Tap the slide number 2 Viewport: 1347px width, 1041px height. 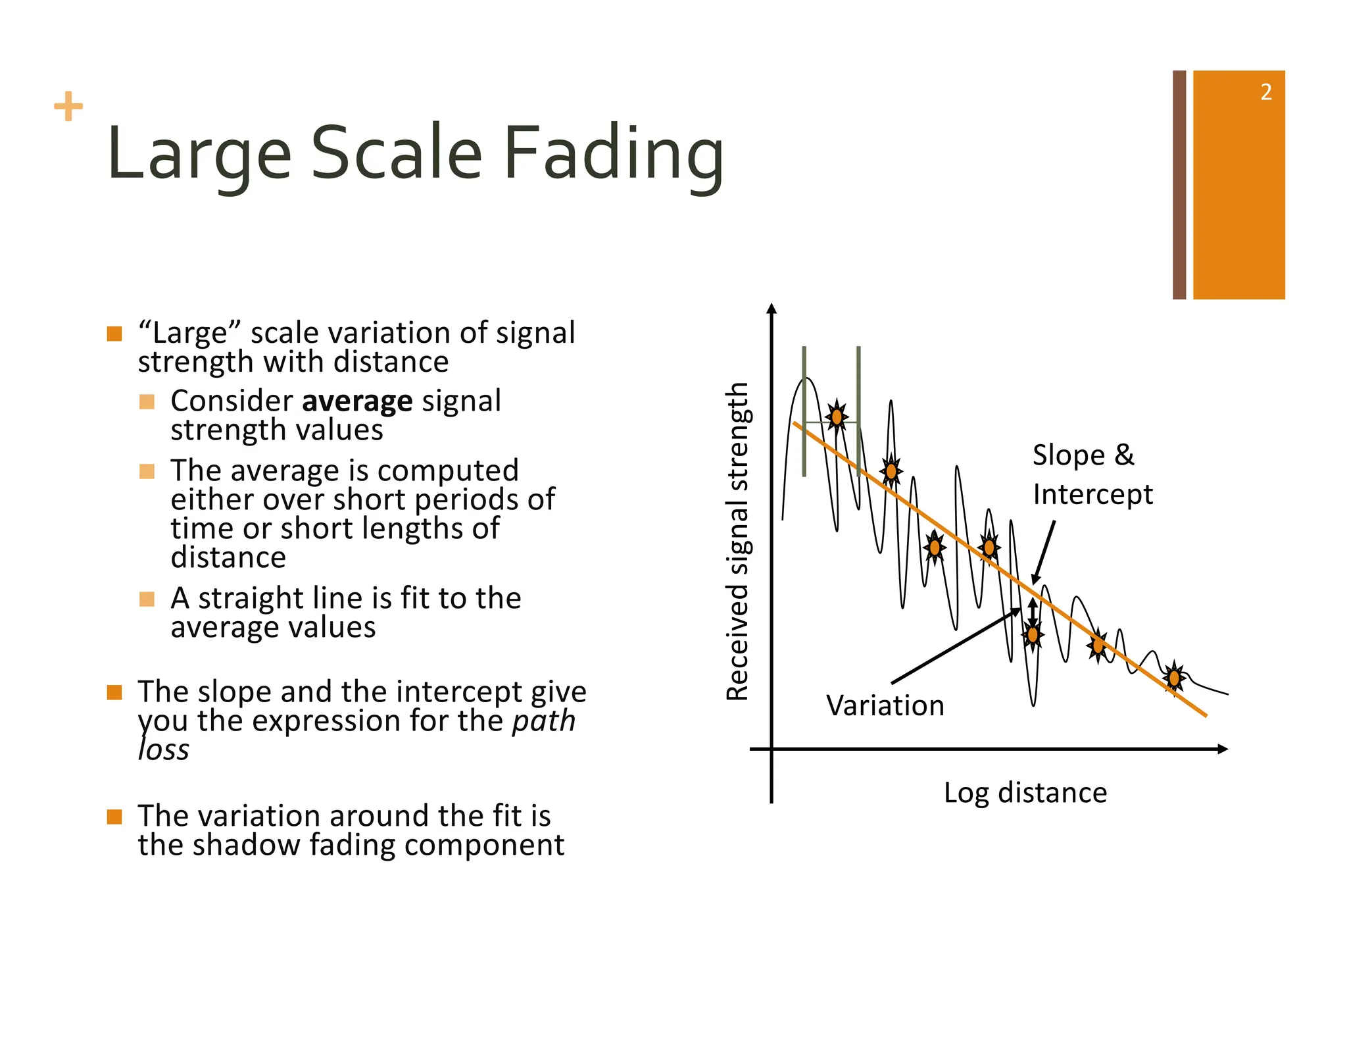pos(1265,92)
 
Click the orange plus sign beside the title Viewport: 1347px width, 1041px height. pos(68,107)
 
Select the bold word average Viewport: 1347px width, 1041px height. pos(357,401)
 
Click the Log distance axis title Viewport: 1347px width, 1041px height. pos(1025,792)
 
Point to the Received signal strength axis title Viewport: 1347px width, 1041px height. pos(737,541)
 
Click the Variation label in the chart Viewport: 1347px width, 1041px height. pos(885,705)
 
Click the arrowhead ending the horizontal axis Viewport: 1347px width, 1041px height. pos(1223,749)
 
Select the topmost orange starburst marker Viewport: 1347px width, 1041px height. pos(837,417)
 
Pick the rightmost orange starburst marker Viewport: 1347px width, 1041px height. pos(1174,677)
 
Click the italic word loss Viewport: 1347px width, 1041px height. pos(164,750)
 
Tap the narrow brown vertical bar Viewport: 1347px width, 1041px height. pos(1179,185)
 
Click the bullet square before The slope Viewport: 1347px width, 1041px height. pos(114,692)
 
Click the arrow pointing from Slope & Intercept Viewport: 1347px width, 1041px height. pos(1044,551)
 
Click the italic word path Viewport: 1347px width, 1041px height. pos(543,721)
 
